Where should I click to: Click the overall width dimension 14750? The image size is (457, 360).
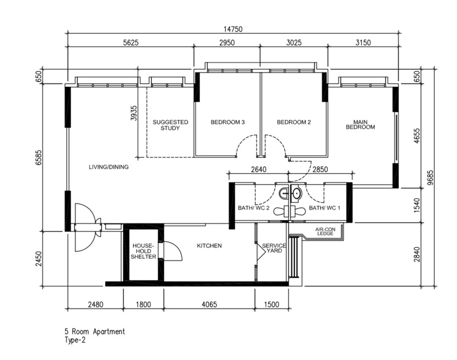(233, 29)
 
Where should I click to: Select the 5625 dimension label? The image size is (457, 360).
(131, 42)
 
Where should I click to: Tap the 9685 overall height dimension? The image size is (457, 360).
(431, 178)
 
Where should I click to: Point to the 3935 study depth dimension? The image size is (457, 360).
(134, 113)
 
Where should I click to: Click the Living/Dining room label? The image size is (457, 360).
(109, 167)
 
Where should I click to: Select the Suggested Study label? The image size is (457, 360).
(170, 125)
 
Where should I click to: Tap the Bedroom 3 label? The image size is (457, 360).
(227, 122)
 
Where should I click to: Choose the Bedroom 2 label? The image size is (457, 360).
(294, 122)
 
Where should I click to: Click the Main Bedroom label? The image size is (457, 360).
(360, 125)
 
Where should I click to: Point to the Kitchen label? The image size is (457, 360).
(209, 246)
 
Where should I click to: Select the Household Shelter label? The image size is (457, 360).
(143, 251)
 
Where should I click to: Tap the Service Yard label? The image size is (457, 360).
(274, 248)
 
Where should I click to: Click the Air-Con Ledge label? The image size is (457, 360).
(325, 231)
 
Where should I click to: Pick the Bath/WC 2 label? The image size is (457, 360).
(254, 208)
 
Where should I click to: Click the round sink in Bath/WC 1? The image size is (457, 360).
(296, 193)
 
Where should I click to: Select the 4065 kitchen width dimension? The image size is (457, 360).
(209, 305)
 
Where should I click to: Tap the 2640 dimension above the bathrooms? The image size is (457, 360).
(259, 169)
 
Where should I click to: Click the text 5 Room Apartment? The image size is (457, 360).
(95, 331)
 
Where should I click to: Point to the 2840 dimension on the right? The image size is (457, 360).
(417, 254)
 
